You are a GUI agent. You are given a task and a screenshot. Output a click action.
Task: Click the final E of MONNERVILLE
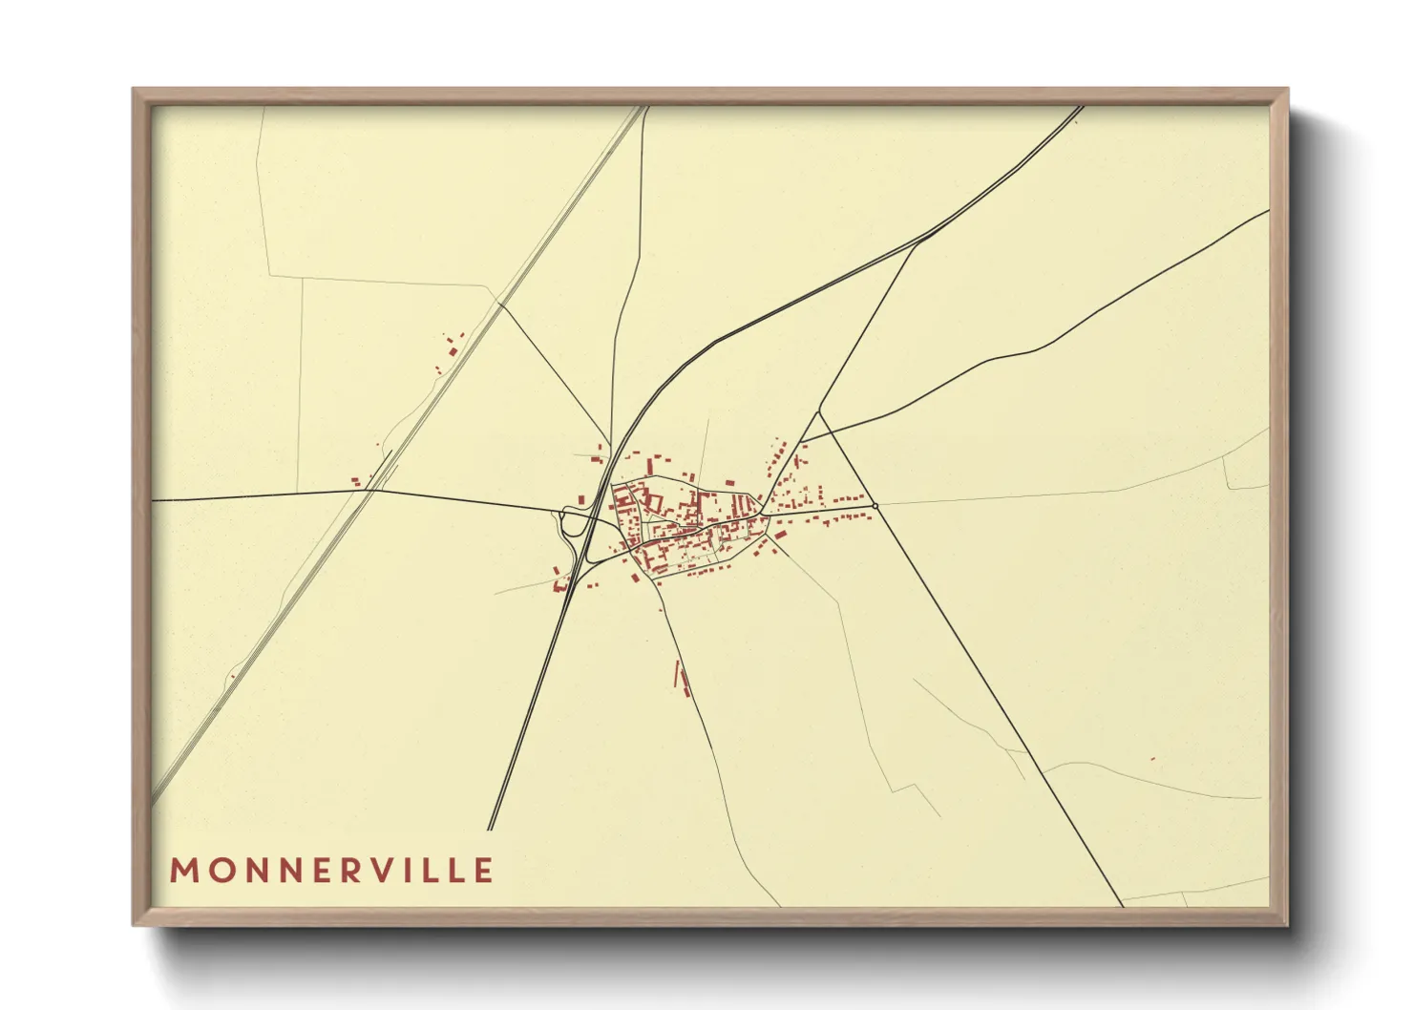(x=485, y=871)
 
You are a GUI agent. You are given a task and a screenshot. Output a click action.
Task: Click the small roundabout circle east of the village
(x=875, y=505)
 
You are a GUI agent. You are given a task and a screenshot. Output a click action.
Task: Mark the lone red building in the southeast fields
(x=1152, y=759)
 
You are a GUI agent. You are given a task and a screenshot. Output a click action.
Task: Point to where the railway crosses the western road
(x=372, y=491)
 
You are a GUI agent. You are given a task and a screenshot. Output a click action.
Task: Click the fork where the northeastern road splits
(x=918, y=242)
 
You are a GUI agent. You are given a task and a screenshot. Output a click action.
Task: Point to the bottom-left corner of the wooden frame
(x=135, y=924)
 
